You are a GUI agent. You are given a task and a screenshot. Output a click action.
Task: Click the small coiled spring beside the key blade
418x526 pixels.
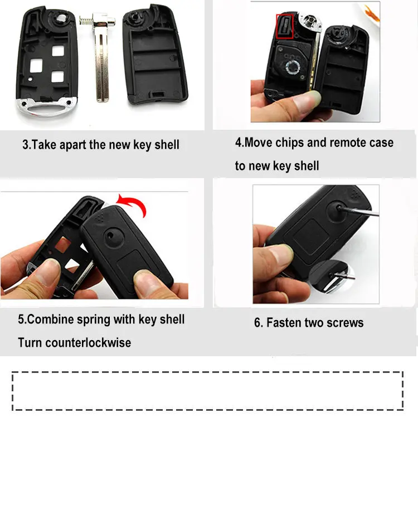(x=86, y=21)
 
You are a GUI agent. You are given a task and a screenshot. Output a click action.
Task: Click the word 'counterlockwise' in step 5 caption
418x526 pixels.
(x=88, y=343)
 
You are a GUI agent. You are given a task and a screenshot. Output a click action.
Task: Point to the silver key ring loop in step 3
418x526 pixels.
(x=46, y=107)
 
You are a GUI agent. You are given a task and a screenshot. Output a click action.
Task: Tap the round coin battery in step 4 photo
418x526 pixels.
(x=293, y=67)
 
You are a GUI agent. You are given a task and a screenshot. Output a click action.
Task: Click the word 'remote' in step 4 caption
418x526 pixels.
(x=347, y=143)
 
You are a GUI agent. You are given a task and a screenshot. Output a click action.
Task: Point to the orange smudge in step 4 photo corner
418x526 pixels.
(x=372, y=13)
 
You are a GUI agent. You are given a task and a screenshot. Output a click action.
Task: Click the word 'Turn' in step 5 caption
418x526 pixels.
(x=30, y=343)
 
